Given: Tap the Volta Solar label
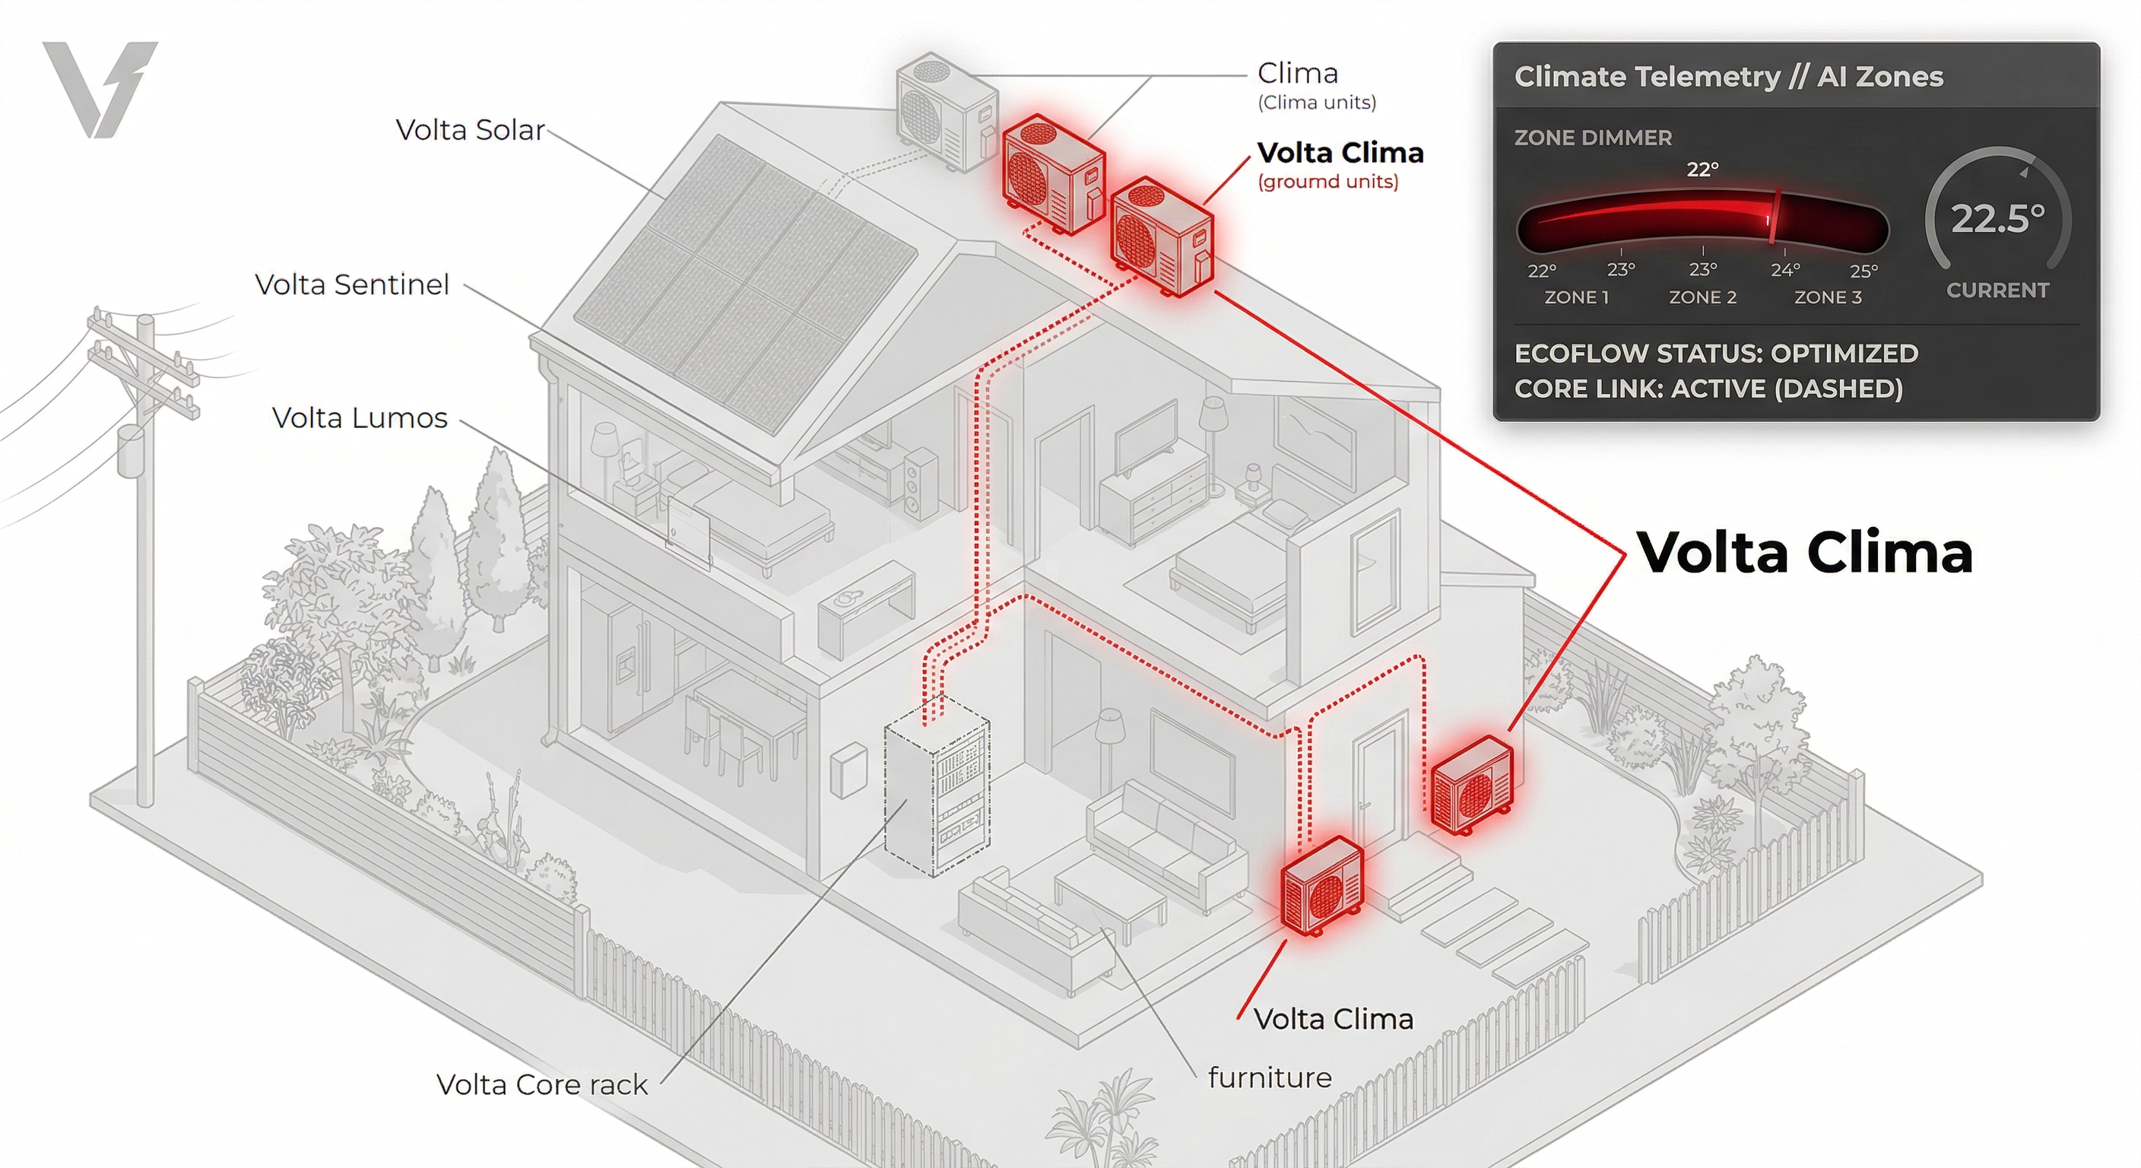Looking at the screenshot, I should coord(470,130).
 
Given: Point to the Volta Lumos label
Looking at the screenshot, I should coord(359,417).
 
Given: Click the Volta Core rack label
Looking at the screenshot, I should coord(541,1084).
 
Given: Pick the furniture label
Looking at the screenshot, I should coord(1269,1078).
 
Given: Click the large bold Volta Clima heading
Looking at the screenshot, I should coord(1804,552).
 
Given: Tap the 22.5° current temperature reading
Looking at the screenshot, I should coord(1997,219).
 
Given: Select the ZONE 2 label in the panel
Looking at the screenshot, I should coord(1702,297).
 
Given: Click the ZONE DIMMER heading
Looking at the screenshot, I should coord(1593,138).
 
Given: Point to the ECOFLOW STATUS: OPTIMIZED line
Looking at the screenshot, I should coord(1715,354).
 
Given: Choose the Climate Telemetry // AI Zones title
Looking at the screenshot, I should coord(1728,77).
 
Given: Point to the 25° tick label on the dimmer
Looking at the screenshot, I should coord(1863,271).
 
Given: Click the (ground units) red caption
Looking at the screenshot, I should coord(1327,181).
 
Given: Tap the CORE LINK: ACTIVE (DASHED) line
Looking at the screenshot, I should coord(1708,389).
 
